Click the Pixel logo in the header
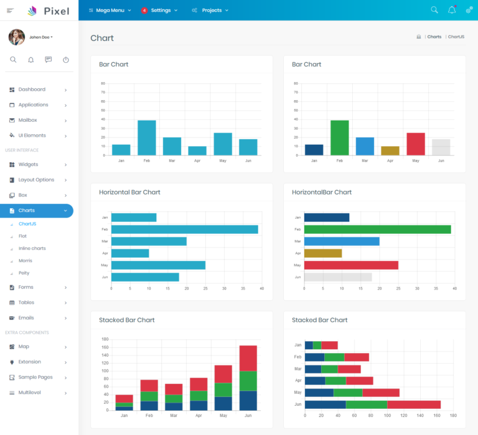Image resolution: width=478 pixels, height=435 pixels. pos(48,11)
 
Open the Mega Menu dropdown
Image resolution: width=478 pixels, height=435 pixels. pos(110,11)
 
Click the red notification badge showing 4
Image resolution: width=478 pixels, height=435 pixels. pos(144,11)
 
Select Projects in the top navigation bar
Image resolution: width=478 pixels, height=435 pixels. pos(211,11)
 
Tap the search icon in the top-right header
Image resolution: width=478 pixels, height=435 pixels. pos(434,10)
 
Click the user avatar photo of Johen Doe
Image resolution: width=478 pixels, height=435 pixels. pos(17,37)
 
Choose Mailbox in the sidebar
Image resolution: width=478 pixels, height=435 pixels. pos(27,120)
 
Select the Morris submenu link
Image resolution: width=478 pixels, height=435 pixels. pos(26,260)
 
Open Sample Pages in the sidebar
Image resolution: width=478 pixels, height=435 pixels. pos(35,377)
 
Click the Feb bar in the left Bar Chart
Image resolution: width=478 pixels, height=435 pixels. pos(147,138)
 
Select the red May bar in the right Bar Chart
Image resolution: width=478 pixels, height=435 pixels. pos(416,144)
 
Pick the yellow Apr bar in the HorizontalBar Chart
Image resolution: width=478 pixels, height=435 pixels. pos(323,253)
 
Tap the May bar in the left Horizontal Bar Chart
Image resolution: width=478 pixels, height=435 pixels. pos(158,265)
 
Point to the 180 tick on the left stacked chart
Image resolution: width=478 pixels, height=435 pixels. pos(105,339)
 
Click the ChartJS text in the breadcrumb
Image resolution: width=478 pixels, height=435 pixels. pos(456,37)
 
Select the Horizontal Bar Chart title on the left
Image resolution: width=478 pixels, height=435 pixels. pos(129,192)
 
